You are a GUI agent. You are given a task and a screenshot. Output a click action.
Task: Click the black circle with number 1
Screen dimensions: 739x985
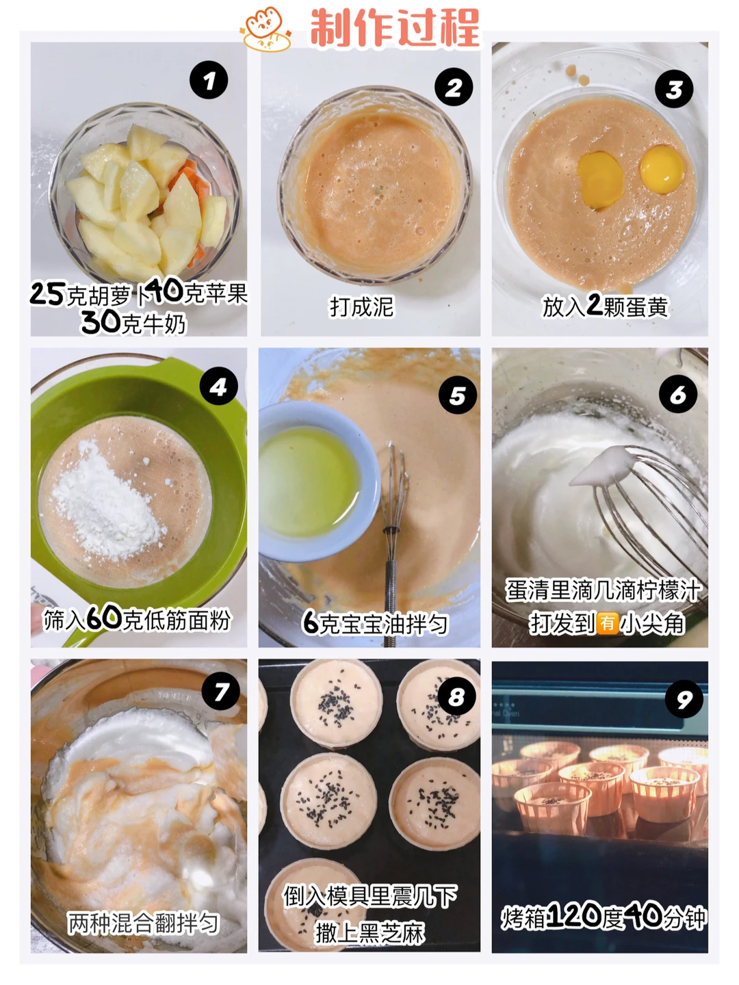click(209, 80)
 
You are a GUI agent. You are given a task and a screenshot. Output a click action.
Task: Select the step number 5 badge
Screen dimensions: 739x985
click(457, 395)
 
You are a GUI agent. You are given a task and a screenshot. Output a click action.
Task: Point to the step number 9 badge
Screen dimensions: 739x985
click(684, 698)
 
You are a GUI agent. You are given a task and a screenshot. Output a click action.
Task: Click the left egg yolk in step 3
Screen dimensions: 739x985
click(600, 179)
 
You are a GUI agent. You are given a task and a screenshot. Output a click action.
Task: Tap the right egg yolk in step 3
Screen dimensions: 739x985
click(662, 170)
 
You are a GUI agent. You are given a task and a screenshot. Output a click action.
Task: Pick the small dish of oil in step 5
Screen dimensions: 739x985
click(316, 480)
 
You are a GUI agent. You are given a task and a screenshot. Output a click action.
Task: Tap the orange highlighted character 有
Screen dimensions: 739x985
click(608, 623)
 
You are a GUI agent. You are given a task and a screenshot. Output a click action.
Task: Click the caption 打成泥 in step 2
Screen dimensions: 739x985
click(362, 307)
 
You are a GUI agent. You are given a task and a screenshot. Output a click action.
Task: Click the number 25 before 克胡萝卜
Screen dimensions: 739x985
click(49, 293)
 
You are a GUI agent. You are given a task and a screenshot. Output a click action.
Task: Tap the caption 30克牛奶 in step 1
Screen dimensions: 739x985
click(133, 322)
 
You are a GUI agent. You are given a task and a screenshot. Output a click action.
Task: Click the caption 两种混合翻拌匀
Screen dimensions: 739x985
click(143, 923)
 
